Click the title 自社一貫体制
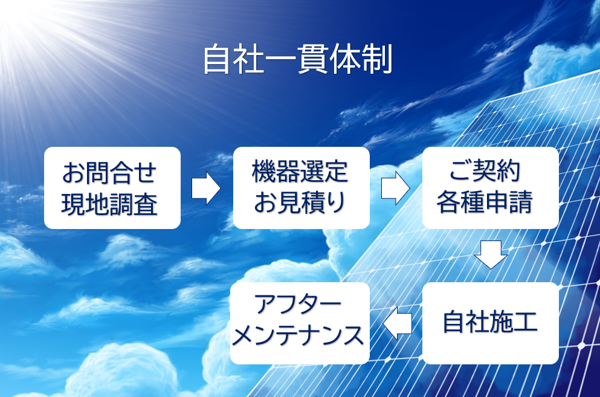[x=298, y=59]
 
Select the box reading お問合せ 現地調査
[x=112, y=187]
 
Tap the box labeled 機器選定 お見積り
[x=301, y=187]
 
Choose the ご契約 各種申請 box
[x=490, y=187]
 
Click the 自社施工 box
[x=490, y=323]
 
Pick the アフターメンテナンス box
[x=300, y=323]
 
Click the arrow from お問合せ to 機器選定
[x=206, y=188]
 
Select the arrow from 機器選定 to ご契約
[x=395, y=188]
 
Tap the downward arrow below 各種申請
[x=491, y=254]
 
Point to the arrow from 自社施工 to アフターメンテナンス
[x=397, y=323]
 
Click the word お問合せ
[x=109, y=173]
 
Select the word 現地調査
[x=109, y=204]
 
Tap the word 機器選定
[x=300, y=171]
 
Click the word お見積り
[x=300, y=202]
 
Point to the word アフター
[x=298, y=305]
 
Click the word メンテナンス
[x=298, y=335]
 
